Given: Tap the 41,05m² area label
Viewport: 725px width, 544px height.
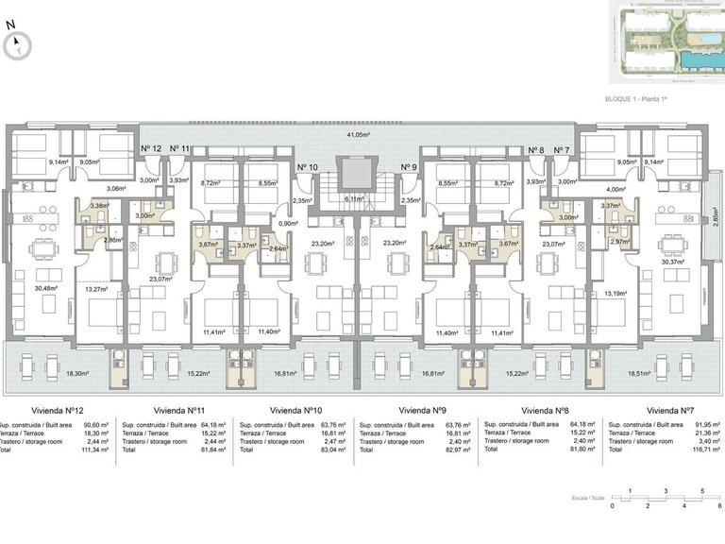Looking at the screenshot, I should click(x=358, y=135).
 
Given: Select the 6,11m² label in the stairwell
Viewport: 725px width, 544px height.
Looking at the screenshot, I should click(x=354, y=199).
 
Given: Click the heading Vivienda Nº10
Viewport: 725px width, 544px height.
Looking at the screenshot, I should click(x=295, y=411).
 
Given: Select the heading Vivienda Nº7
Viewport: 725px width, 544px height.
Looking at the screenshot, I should click(x=666, y=411).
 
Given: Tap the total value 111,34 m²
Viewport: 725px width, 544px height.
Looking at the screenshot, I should click(x=98, y=450).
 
